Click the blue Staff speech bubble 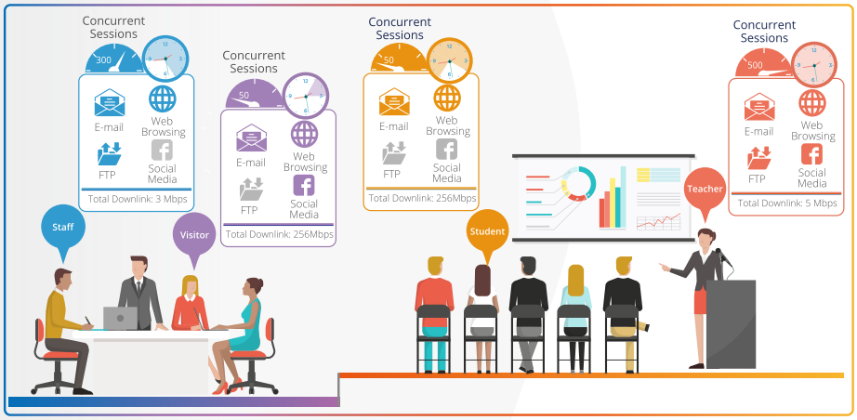coord(63,228)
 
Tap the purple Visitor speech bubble coord(194,235)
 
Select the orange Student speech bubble coord(488,232)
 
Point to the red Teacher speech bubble coord(705,190)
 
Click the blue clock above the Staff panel coord(165,59)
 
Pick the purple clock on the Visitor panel coord(305,96)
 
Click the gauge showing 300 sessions coord(113,61)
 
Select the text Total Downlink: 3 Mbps coord(138,200)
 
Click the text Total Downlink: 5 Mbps coord(787,203)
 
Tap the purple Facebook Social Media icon coord(304,186)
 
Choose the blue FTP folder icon coord(110,153)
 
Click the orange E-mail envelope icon coord(394,102)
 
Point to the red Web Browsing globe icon coord(812,103)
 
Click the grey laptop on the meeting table coord(120,319)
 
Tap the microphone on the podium coord(724,256)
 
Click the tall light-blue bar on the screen coord(623,197)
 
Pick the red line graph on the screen coord(659,222)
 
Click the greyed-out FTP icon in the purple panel coord(251,189)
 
